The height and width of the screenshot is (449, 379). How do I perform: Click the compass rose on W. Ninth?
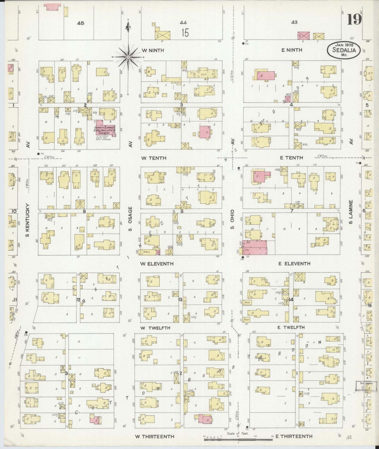click(x=128, y=57)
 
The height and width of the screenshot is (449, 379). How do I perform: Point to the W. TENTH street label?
click(x=153, y=158)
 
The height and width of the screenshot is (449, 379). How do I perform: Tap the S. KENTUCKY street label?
click(x=27, y=220)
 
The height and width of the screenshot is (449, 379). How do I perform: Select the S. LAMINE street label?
click(x=350, y=212)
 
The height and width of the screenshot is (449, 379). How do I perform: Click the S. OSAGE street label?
click(x=130, y=219)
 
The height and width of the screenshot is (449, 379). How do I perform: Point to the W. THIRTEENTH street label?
click(x=154, y=436)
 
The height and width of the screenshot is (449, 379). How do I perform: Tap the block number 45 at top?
click(x=81, y=23)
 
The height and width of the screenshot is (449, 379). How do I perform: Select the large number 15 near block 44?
click(x=185, y=33)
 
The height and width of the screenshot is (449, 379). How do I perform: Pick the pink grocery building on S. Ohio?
click(x=254, y=248)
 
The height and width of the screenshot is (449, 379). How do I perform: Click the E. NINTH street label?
click(x=292, y=50)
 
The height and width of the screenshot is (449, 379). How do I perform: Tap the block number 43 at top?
click(x=294, y=22)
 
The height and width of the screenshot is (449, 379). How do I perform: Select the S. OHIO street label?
click(x=232, y=219)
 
